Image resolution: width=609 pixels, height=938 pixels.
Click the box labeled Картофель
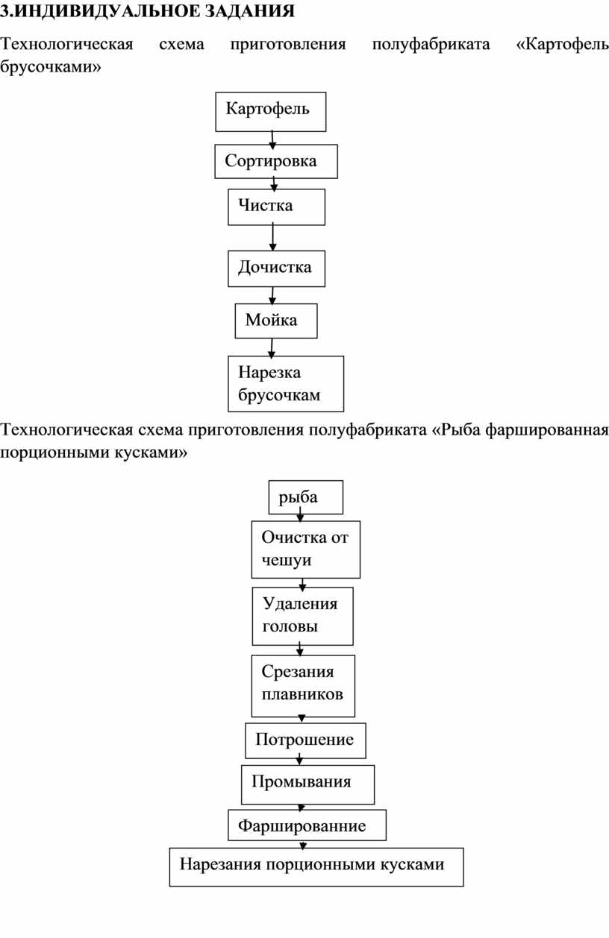coord(271,112)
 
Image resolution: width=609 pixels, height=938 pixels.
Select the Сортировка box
coord(276,161)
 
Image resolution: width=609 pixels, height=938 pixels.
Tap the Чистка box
coord(277,207)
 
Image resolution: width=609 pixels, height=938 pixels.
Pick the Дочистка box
coord(277,268)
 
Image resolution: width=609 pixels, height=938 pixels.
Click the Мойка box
coord(276,321)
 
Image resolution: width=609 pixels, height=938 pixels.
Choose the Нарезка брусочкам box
coord(286,383)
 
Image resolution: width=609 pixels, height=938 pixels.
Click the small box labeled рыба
coord(306,497)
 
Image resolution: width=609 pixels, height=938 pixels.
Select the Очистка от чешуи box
coord(306,550)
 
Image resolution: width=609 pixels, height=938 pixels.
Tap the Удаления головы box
coord(302,616)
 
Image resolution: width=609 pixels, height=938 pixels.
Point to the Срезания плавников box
coord(303,686)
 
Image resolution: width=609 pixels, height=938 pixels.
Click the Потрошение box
coord(305,740)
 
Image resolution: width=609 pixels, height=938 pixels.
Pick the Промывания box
coord(308,784)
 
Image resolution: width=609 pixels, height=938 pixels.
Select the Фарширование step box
coord(307,825)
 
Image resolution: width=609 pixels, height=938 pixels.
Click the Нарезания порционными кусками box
coord(316,867)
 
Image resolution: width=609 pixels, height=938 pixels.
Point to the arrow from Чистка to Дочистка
coord(273,238)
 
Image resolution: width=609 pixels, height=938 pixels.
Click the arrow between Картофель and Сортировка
coord(272,140)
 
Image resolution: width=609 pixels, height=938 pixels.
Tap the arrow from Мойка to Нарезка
coord(272,348)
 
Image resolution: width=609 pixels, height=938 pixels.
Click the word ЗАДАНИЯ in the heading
coord(250,11)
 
